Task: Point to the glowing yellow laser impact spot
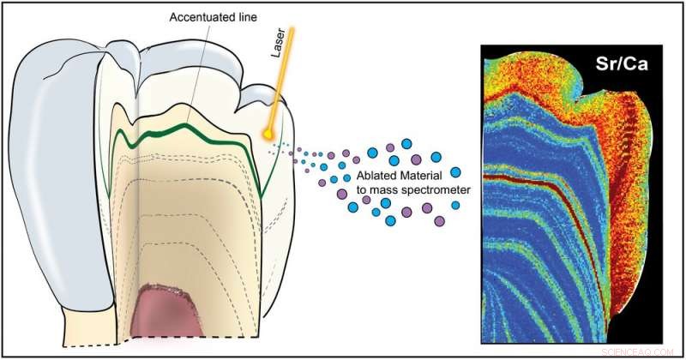pos(269,133)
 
